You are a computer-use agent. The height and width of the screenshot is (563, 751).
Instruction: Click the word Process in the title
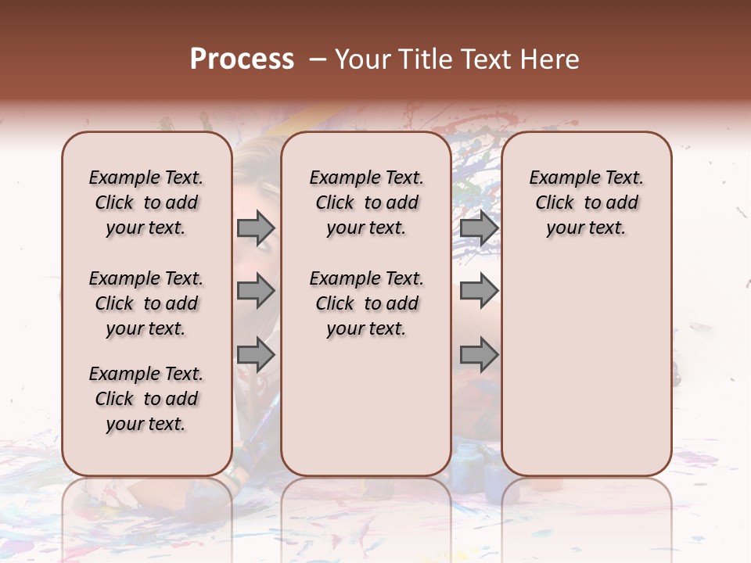[242, 59]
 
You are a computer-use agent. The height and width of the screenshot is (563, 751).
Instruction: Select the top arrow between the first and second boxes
[256, 228]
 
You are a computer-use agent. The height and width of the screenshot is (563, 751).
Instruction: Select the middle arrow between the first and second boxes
[256, 292]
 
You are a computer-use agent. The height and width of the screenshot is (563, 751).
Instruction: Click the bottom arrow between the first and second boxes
[256, 356]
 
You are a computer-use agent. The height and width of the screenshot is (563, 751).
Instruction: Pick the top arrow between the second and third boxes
[479, 228]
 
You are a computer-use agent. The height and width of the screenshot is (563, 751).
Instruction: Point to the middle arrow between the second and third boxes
[479, 292]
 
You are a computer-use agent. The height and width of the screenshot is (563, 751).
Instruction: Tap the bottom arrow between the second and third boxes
[479, 356]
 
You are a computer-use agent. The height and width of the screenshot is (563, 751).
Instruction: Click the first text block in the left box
[146, 203]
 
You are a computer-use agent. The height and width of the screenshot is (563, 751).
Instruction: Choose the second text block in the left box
[146, 303]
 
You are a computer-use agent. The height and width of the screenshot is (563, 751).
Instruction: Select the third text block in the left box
[146, 399]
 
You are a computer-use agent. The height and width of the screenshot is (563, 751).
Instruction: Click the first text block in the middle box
[366, 203]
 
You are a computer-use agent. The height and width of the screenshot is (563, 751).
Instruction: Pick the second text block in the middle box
[366, 303]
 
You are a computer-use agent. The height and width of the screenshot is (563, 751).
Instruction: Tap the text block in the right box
[586, 203]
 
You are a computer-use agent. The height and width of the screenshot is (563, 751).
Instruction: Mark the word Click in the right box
[555, 203]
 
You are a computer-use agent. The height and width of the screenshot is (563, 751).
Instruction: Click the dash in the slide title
[317, 59]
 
